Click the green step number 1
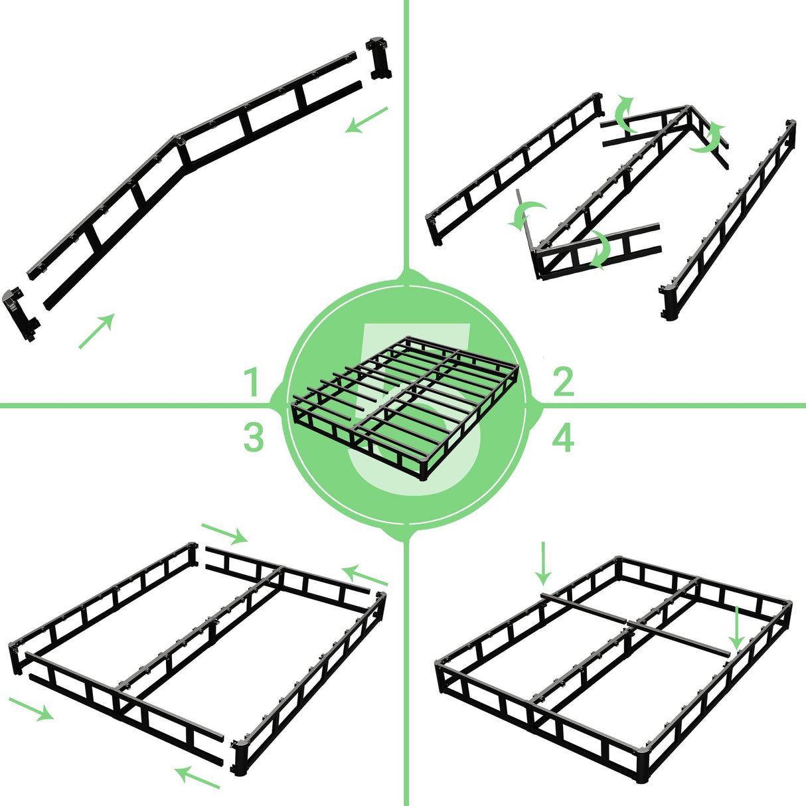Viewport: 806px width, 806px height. click(251, 383)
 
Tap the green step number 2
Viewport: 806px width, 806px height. click(563, 383)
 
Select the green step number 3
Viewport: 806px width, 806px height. click(253, 439)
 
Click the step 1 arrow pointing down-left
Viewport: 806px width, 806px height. click(366, 120)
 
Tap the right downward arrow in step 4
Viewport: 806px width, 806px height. click(736, 627)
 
